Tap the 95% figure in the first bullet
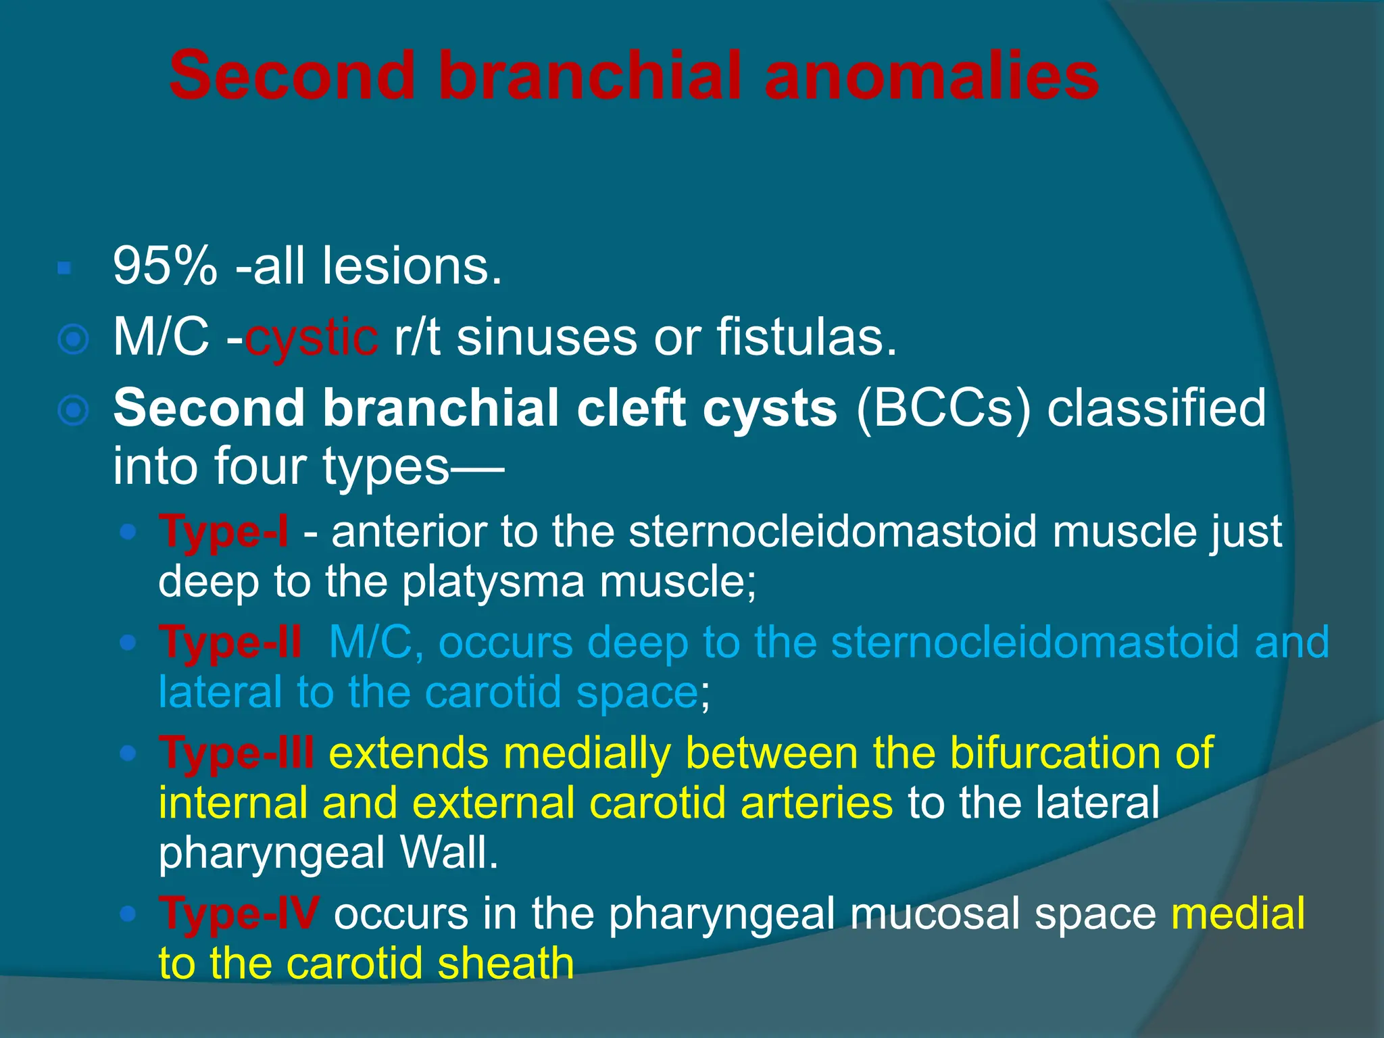pyautogui.click(x=165, y=266)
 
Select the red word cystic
pyautogui.click(x=311, y=337)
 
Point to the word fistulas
pyautogui.click(x=806, y=337)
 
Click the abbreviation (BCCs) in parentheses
pyautogui.click(x=943, y=408)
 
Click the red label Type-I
pyautogui.click(x=224, y=532)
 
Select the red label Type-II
pyautogui.click(x=230, y=642)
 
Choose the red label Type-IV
pyautogui.click(x=239, y=914)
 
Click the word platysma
pyautogui.click(x=493, y=582)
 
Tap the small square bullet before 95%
pyautogui.click(x=64, y=269)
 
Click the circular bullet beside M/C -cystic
pyautogui.click(x=73, y=339)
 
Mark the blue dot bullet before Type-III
pyautogui.click(x=127, y=753)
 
